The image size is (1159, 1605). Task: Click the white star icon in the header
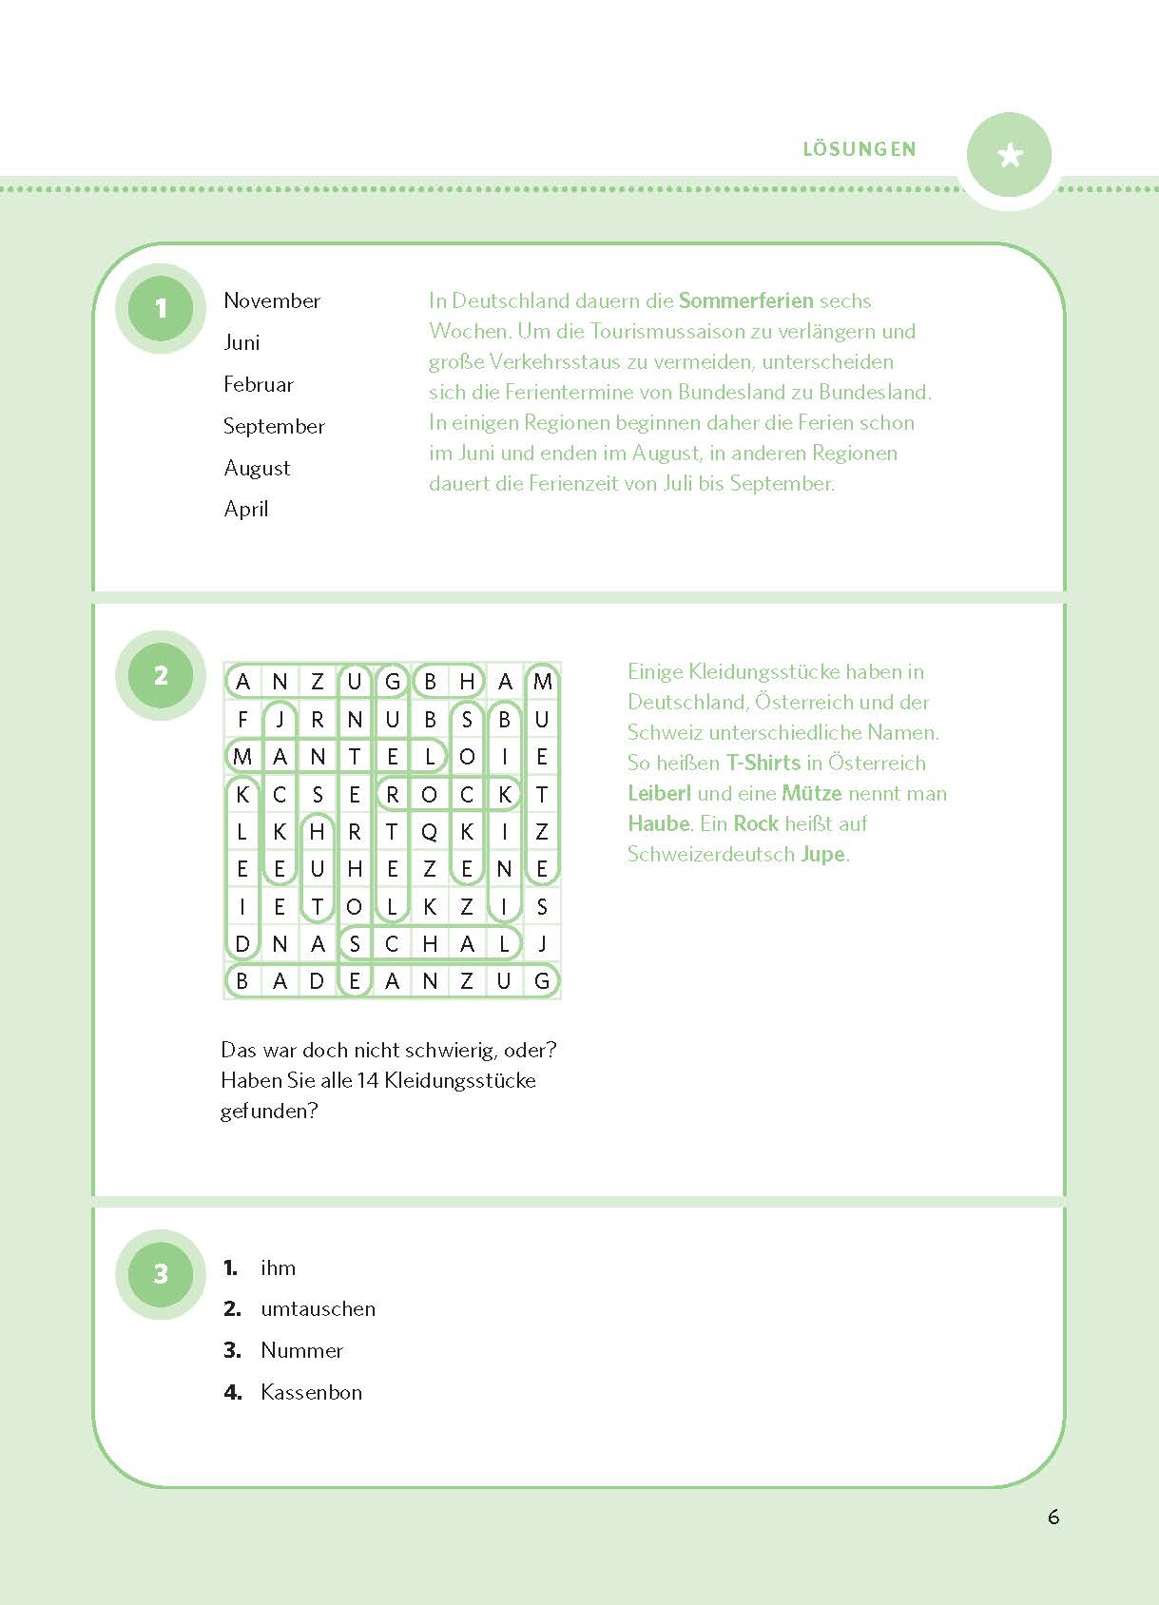point(1010,155)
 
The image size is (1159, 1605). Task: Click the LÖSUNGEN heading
point(860,149)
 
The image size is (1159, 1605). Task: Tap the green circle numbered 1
point(161,308)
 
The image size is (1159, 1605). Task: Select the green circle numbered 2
point(161,675)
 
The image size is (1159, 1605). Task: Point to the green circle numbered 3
point(161,1274)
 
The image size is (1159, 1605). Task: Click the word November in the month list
point(272,300)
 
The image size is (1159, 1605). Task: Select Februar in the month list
point(259,384)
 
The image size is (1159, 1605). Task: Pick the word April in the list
point(246,509)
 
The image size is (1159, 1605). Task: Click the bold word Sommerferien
point(745,300)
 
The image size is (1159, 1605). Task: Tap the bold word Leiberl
point(659,793)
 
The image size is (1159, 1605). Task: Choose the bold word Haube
point(658,823)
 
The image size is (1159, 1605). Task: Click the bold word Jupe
point(822,854)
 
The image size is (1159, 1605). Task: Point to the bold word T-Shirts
point(763,763)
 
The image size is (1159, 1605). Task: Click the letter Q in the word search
point(430,832)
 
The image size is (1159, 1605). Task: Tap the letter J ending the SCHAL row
point(542,943)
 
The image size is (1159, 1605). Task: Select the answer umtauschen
point(318,1308)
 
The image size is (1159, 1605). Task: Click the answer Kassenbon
point(311,1392)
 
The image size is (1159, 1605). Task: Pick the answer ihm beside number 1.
point(278,1267)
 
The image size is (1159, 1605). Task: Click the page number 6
point(1053,1517)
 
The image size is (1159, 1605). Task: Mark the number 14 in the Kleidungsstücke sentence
point(368,1080)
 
